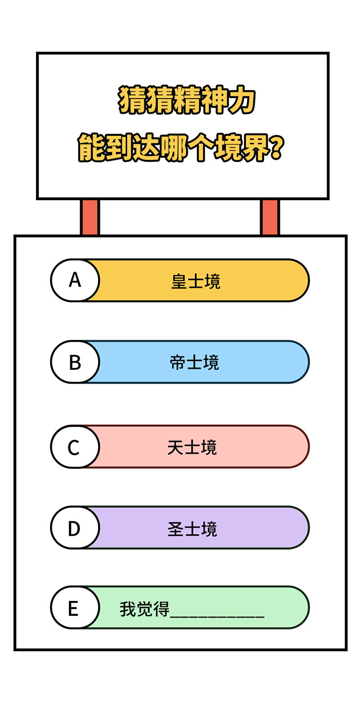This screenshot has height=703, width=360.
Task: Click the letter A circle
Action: click(x=75, y=280)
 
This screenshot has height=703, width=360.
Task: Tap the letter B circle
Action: click(x=75, y=362)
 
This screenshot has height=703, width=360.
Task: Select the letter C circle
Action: click(x=75, y=447)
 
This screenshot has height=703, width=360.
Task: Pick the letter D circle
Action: click(x=75, y=528)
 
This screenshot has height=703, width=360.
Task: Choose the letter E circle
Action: click(x=75, y=608)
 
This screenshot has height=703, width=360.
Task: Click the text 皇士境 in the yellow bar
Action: click(x=196, y=281)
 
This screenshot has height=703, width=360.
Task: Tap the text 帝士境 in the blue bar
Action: click(x=194, y=363)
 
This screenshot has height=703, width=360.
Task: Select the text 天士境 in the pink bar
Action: click(x=192, y=447)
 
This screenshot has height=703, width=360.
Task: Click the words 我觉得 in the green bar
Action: click(x=144, y=609)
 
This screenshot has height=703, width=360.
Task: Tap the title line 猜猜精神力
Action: click(x=186, y=99)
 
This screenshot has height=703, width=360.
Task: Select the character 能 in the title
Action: click(x=91, y=148)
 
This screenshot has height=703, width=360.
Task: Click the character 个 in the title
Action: click(x=200, y=148)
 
